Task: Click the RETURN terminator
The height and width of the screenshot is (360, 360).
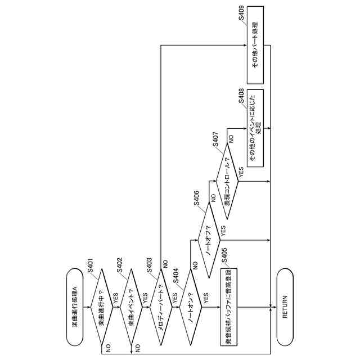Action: click(285, 307)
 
